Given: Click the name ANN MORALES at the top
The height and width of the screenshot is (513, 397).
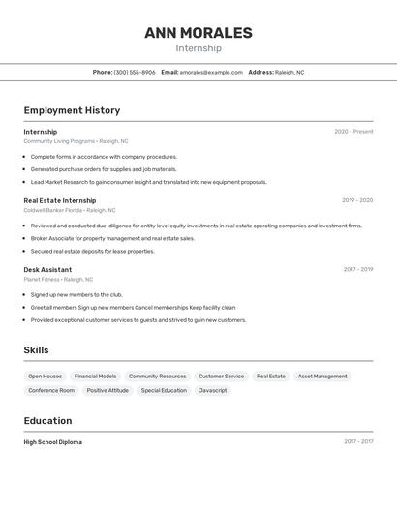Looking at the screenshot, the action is pos(198,33).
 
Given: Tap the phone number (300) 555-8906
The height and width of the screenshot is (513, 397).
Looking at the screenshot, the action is pos(135,72).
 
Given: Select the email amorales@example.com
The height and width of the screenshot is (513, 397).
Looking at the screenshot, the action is pos(211,72).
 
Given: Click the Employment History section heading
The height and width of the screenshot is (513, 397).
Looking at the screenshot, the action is pos(72,110).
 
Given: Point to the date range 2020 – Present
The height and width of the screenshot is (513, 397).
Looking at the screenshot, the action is pos(353,132).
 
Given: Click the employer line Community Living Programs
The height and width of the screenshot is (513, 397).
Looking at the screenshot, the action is pos(76,141).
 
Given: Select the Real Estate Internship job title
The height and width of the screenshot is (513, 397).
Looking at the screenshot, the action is pos(60,200).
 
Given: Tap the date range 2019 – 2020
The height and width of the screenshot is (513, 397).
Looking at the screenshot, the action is pos(357,200).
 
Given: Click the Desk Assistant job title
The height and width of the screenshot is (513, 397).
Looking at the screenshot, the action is pos(47,269).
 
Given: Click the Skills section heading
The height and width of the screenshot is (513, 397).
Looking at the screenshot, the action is pos(36,350).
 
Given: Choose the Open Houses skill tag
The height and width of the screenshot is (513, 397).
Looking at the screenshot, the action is pos(45,376).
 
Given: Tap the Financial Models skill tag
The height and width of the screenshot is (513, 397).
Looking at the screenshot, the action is pos(95,376).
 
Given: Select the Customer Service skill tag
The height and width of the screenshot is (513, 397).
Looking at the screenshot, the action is pos(221,376).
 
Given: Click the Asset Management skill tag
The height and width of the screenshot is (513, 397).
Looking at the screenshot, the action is pos(322,376).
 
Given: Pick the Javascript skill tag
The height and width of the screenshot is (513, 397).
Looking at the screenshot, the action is pos(212,390).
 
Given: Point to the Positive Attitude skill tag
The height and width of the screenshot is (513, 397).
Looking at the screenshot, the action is pos(107,390).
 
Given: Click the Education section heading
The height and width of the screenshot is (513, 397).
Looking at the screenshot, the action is pos(47,421).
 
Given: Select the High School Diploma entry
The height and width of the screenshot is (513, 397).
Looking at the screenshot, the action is pos(53,442).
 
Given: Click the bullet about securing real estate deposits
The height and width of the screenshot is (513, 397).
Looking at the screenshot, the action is pos(92,251).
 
